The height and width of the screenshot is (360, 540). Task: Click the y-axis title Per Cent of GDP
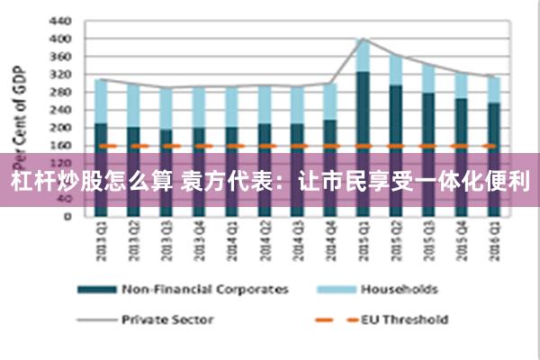pos(15,108)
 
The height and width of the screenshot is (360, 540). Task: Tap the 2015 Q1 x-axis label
pos(362,241)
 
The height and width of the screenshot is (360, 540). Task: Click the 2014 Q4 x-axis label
pos(329,241)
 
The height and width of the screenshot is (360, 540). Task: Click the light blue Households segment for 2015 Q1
pos(362,56)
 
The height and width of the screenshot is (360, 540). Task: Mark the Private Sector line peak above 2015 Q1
pos(362,39)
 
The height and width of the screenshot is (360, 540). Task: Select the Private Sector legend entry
pos(171,319)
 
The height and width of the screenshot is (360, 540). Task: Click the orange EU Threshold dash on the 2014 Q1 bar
pos(231,145)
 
